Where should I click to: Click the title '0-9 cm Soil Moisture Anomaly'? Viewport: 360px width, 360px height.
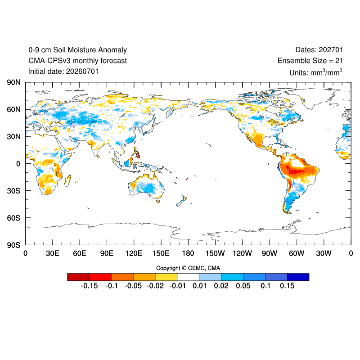(77, 50)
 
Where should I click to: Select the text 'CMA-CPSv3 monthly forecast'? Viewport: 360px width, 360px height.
(77, 61)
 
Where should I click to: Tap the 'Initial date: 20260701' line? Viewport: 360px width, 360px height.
(63, 72)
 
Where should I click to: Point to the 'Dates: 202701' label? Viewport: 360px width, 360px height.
(319, 50)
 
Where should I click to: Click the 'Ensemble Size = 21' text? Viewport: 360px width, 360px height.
(310, 61)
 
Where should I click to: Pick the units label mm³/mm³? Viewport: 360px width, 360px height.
(326, 72)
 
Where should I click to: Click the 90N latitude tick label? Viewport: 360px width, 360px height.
(13, 82)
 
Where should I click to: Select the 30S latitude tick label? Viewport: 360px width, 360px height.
(13, 191)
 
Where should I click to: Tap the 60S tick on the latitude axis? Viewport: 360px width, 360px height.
(13, 218)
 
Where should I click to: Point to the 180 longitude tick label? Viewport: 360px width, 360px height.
(188, 253)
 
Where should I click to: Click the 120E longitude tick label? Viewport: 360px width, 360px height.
(134, 253)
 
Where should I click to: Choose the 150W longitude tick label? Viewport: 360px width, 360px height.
(215, 253)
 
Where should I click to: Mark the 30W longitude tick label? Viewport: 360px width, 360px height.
(324, 253)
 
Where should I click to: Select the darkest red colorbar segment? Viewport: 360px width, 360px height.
(78, 277)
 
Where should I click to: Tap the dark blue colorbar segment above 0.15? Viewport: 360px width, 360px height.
(298, 277)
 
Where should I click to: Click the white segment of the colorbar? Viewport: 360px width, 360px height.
(188, 277)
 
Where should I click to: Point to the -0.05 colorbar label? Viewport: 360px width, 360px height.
(133, 286)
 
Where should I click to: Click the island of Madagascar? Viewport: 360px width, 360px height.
(67, 180)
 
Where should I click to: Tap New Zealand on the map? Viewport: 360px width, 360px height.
(182, 200)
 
